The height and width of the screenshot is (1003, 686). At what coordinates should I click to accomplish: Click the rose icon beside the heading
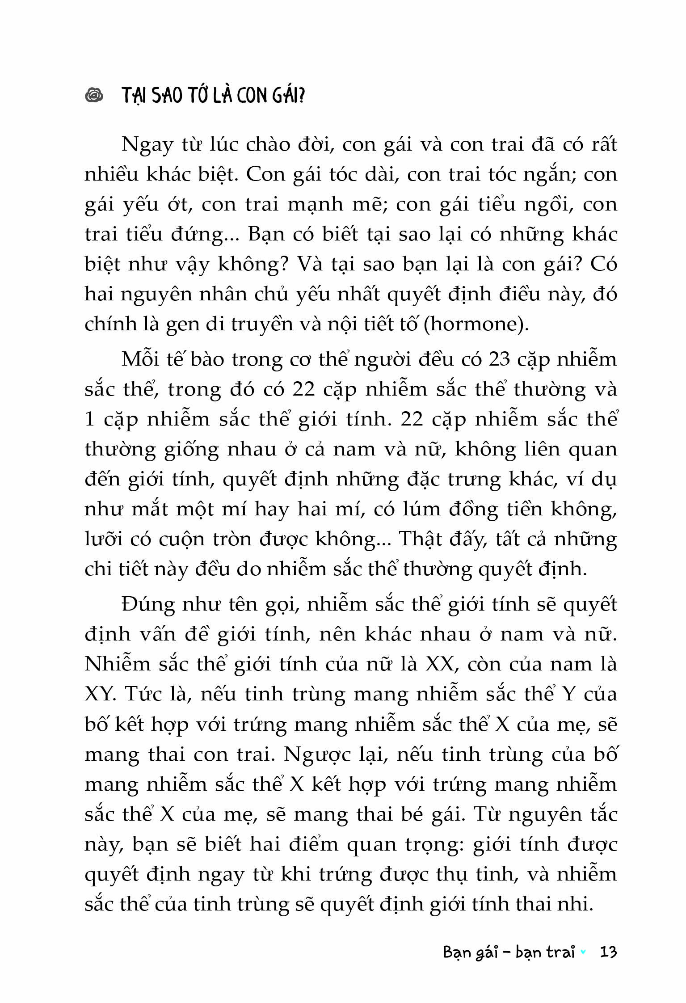click(94, 96)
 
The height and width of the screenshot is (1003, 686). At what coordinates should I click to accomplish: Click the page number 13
click(609, 952)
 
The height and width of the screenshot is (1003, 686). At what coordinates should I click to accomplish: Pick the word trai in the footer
click(560, 952)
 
